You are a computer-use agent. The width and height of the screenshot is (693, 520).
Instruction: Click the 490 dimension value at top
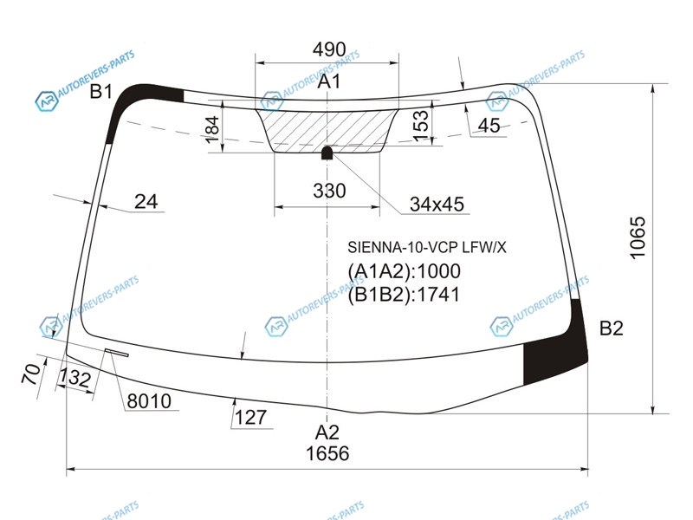(329, 49)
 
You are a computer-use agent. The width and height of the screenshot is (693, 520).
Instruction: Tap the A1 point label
(329, 81)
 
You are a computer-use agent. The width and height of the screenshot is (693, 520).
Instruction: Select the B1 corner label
(101, 92)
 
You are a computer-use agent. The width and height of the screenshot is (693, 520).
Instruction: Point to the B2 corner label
(612, 328)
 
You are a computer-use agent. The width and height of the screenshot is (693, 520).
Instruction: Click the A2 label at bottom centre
(327, 432)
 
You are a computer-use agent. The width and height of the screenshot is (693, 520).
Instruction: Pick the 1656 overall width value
(327, 453)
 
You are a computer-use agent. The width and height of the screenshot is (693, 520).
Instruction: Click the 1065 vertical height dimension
(638, 237)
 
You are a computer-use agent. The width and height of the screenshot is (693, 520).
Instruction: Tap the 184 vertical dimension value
(212, 129)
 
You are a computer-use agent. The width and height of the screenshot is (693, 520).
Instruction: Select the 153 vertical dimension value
(421, 126)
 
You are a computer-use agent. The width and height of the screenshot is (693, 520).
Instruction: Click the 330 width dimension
(329, 191)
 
